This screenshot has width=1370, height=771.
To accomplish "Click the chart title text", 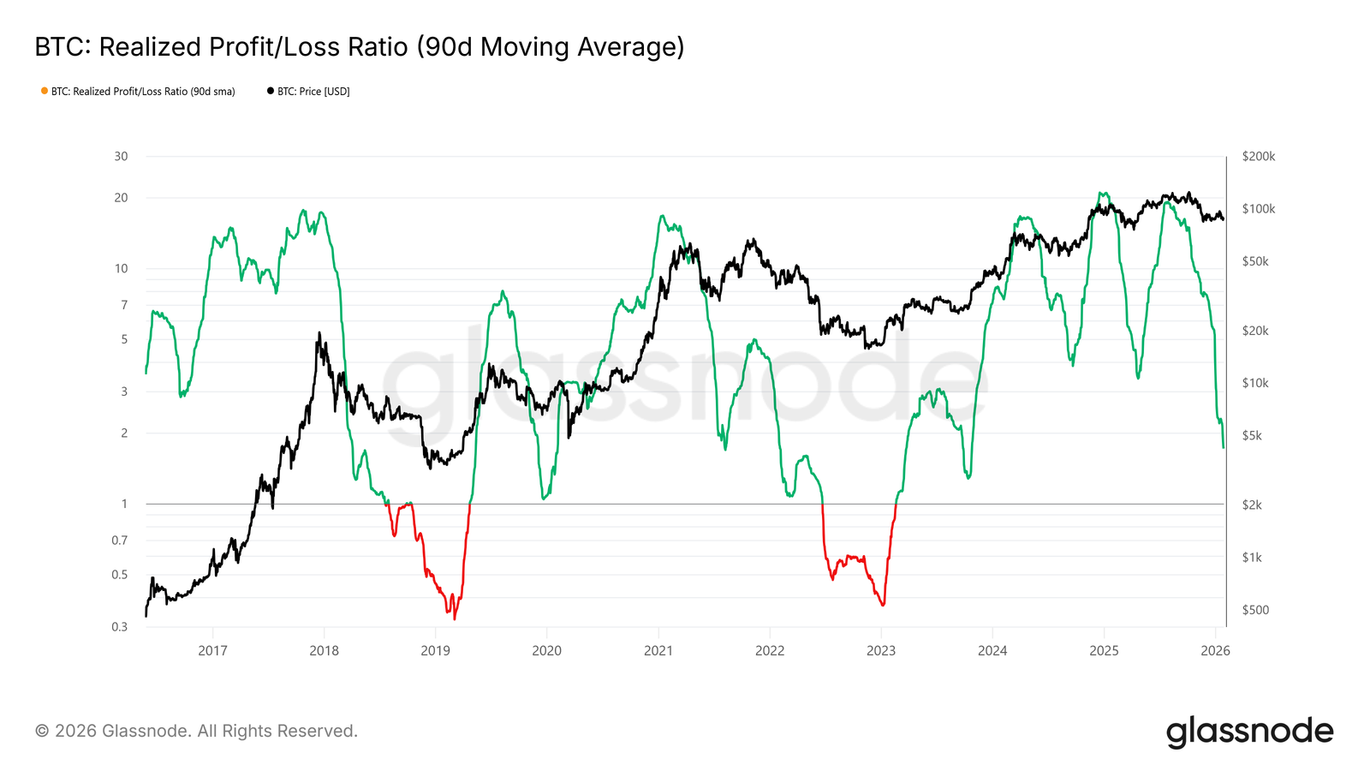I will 360,47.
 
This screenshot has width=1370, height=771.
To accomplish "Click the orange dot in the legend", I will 45,91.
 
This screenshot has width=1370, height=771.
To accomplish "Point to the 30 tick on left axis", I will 122,156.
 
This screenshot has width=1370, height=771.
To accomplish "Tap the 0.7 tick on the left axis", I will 120,540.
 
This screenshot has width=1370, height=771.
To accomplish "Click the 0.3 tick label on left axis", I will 120,626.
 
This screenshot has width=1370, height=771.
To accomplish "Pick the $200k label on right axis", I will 1258,156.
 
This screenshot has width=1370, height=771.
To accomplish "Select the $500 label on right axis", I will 1255,610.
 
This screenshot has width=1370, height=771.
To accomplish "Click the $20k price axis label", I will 1255,331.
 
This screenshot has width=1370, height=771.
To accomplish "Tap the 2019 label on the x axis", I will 435,650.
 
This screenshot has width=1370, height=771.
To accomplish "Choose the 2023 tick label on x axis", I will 880,650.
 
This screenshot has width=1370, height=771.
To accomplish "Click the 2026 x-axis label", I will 1215,650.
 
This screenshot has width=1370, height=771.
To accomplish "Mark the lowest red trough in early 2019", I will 455,619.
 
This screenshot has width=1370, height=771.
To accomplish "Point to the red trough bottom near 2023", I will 882,606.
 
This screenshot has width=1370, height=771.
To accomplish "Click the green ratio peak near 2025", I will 1103,193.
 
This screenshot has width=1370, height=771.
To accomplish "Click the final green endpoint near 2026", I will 1223,446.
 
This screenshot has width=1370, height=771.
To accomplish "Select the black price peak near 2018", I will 319,333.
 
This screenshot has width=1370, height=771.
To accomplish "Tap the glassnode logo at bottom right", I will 1249,732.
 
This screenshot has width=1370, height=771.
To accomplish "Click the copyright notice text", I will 196,731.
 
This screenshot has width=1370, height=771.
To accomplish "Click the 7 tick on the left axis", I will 124,305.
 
